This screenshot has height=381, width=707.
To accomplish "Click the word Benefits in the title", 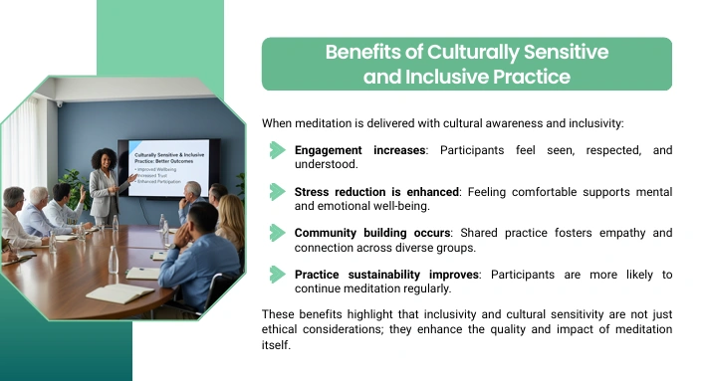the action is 363,52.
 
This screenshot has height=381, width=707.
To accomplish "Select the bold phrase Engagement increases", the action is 359,150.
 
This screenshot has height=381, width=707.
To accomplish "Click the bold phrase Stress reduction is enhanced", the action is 376,192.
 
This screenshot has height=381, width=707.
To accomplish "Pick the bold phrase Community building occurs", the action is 372,233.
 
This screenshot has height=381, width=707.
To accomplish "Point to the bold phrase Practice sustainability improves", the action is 386,275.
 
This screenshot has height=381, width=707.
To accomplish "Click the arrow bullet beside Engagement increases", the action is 277,150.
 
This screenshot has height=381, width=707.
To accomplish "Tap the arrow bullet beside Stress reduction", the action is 277,192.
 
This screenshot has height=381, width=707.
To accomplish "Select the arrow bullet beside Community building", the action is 277,234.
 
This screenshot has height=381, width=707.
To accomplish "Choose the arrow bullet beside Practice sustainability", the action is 277,275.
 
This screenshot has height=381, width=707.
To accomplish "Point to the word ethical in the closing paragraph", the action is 279,329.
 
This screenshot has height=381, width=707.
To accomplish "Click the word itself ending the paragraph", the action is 276,345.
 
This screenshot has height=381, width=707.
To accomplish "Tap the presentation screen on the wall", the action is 168,167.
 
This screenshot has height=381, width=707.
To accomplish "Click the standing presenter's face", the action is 107,161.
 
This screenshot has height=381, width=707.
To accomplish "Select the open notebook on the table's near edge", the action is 119,292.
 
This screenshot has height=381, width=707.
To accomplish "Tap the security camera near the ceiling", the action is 60,104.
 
